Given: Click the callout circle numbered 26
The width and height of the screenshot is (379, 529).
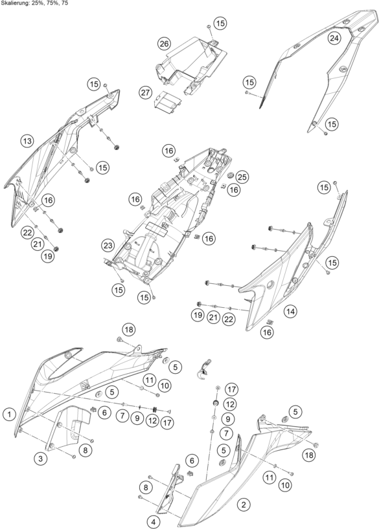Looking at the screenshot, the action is [164, 43].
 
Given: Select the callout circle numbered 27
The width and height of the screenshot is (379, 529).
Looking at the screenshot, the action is [146, 92].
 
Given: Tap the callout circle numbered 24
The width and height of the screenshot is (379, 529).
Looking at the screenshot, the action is [334, 38].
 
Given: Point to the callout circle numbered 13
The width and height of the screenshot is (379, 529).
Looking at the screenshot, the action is [27, 141].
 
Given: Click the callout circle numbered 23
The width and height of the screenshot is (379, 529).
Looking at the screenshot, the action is [108, 245].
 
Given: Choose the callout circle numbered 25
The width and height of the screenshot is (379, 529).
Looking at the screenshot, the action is [242, 177].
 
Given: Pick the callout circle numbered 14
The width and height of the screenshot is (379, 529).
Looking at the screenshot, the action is [291, 312].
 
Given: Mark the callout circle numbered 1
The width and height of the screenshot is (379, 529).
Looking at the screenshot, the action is [10, 414].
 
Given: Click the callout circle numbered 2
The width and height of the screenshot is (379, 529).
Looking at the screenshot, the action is [244, 504].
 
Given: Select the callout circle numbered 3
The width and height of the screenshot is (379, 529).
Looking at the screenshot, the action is [41, 459].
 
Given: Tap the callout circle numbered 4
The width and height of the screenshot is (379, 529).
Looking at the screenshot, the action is [154, 522].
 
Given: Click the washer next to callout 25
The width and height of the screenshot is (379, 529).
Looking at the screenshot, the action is [231, 175].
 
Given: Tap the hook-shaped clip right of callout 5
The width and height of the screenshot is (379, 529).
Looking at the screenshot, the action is [203, 369].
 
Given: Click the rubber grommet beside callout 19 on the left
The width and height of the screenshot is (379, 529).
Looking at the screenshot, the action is [56, 249].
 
